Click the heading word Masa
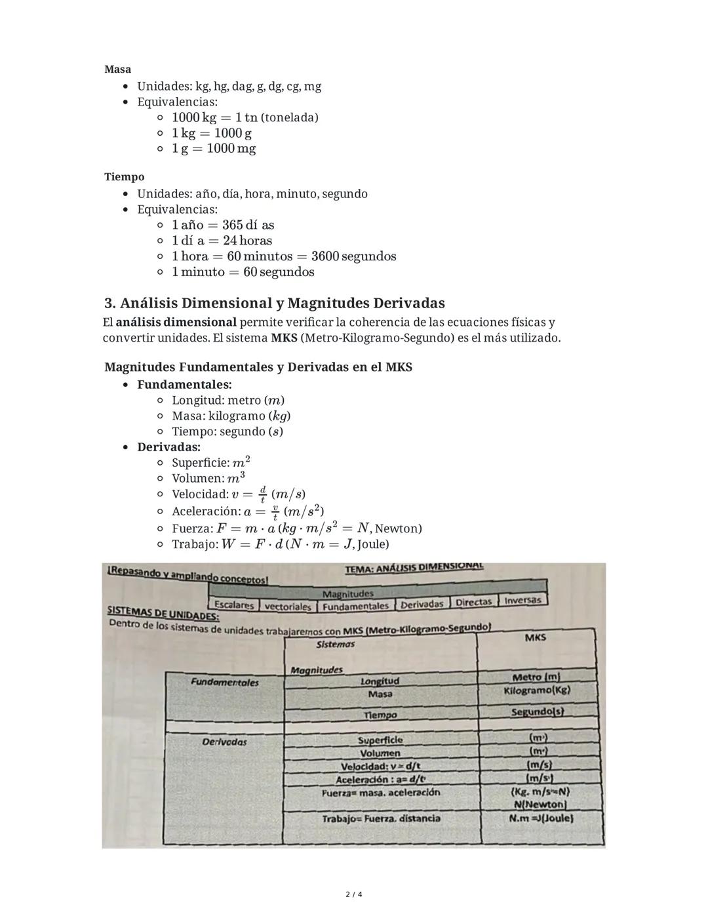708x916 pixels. [x=117, y=70]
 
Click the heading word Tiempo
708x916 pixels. [x=124, y=177]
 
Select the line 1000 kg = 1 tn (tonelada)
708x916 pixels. [x=245, y=117]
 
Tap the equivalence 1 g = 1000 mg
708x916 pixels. [x=214, y=149]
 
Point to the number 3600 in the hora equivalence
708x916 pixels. [x=325, y=256]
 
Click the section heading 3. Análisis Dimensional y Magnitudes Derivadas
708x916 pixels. [x=274, y=304]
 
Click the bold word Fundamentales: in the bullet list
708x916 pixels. [x=184, y=385]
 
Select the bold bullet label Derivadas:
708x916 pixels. [x=168, y=447]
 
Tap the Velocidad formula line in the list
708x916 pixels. [x=238, y=494]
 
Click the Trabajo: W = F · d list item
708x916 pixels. [x=280, y=544]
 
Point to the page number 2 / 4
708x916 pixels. [x=354, y=894]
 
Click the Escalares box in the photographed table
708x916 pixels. [x=233, y=605]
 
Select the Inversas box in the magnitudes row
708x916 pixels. [x=522, y=600]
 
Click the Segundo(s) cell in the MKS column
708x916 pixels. [x=538, y=712]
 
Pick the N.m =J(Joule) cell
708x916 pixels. [x=540, y=818]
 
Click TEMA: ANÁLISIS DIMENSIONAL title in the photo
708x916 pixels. [x=414, y=568]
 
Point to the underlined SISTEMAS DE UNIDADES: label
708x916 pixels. [x=163, y=613]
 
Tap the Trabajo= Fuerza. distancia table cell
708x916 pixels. [x=381, y=818]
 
